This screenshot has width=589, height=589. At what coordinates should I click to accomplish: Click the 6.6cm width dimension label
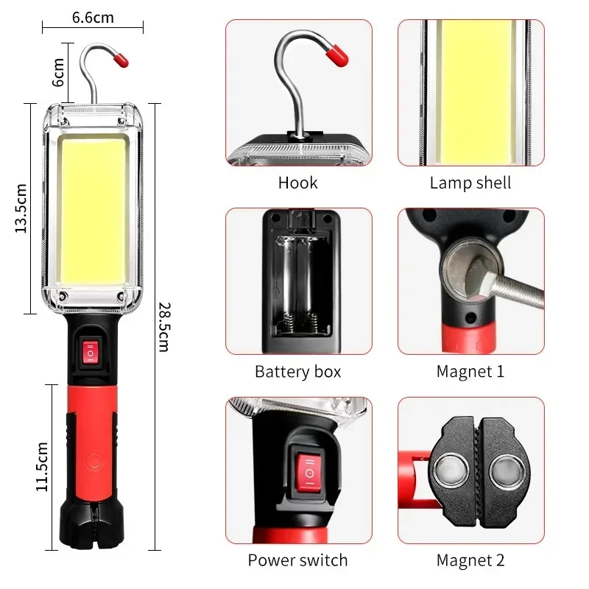click(93, 17)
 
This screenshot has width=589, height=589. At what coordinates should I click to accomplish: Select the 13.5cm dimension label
click(21, 208)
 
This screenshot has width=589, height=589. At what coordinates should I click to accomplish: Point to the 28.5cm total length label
click(163, 328)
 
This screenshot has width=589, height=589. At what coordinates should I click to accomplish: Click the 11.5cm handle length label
click(42, 466)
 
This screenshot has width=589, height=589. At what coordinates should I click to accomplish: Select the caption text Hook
click(297, 183)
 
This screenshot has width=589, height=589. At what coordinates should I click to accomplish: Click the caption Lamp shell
click(470, 183)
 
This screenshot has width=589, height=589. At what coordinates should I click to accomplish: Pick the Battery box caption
click(297, 372)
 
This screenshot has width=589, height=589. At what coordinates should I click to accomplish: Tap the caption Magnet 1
click(470, 372)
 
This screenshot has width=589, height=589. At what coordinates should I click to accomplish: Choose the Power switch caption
click(297, 560)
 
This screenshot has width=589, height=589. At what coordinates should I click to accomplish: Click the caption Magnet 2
click(470, 560)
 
